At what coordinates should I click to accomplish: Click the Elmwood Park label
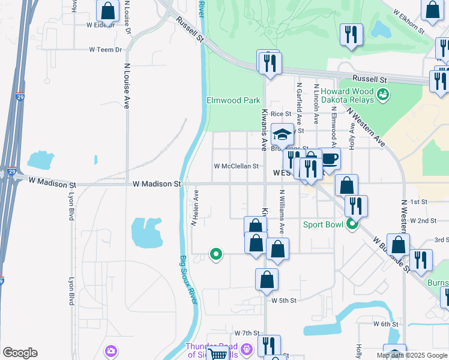(234, 100)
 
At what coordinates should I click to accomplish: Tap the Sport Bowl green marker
(352, 225)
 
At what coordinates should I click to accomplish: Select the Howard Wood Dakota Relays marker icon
(384, 95)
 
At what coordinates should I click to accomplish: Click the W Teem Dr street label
(105, 50)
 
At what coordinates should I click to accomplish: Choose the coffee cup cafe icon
(330, 159)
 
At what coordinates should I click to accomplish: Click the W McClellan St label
(237, 166)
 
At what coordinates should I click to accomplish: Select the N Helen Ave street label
(194, 208)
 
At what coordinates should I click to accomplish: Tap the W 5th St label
(284, 300)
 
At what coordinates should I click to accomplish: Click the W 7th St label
(247, 333)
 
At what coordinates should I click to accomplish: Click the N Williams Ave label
(282, 212)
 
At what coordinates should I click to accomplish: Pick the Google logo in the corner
(20, 353)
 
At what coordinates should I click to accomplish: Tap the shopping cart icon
(219, 353)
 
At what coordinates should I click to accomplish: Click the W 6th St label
(385, 324)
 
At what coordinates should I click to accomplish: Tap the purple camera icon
(110, 350)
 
